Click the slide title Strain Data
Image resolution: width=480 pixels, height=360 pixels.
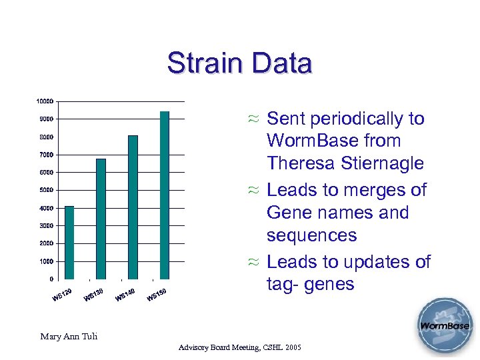click(239, 63)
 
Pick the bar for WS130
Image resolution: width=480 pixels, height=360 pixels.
click(101, 219)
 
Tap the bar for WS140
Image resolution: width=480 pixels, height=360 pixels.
click(133, 207)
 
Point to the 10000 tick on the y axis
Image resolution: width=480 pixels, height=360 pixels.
click(45, 101)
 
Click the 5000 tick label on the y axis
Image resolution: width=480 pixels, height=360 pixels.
click(46, 191)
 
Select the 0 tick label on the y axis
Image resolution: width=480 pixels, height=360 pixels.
click(51, 279)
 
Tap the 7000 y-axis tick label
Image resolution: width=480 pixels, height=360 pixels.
click(46, 155)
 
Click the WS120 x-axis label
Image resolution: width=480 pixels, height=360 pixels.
click(62, 295)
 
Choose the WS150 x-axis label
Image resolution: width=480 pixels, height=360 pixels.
click(157, 294)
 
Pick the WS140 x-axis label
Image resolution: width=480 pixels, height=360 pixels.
click(125, 294)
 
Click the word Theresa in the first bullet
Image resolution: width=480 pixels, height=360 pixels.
click(300, 163)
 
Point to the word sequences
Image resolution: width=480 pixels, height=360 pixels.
click(311, 235)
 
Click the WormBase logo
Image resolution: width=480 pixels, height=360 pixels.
click(444, 327)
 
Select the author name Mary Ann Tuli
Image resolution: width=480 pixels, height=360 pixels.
click(69, 336)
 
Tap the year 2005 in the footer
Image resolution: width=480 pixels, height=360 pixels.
click(292, 348)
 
